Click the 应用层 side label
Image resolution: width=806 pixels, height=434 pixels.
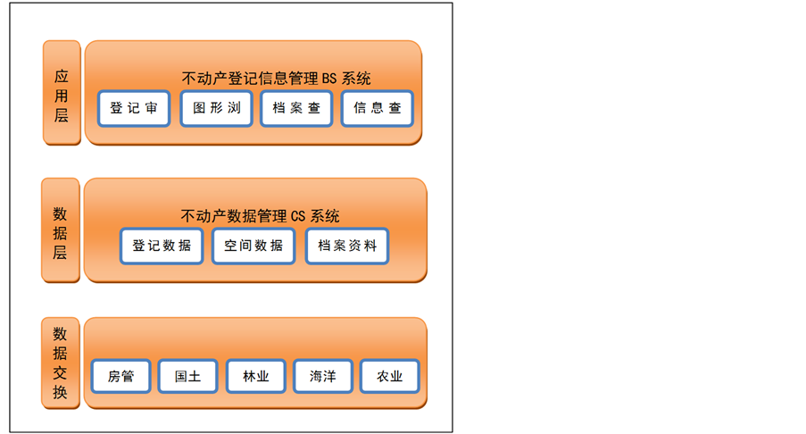click(62, 93)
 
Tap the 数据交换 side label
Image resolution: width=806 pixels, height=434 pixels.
click(61, 363)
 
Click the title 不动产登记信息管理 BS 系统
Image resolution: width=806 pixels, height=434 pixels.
click(276, 79)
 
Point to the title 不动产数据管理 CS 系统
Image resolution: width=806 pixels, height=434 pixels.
click(260, 216)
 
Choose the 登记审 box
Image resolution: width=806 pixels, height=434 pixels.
click(134, 109)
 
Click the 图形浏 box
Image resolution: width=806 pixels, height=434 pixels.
click(217, 109)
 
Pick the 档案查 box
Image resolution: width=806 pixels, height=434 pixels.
click(296, 109)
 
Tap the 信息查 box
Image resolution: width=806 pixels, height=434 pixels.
click(377, 109)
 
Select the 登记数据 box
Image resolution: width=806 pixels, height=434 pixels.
click(162, 246)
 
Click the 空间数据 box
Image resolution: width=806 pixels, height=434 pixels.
click(253, 246)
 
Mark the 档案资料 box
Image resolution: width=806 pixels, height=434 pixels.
click(347, 246)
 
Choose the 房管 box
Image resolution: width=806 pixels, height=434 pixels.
click(120, 377)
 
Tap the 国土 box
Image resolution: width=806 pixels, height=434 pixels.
click(187, 377)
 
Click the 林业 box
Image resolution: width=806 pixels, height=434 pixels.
click(255, 377)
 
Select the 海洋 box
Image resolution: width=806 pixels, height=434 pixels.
click(322, 377)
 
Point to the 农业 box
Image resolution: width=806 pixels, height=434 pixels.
click(389, 377)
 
